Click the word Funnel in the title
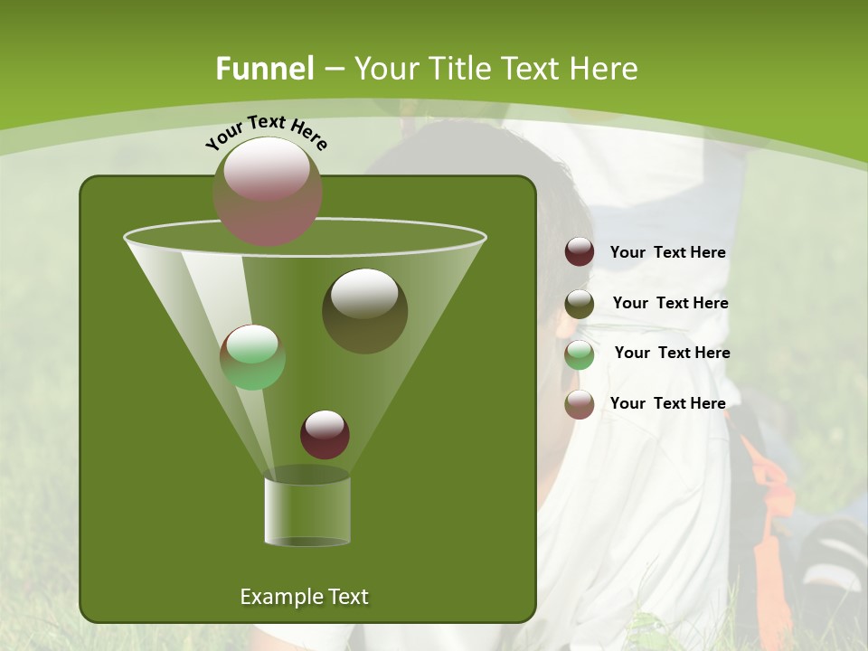[265, 69]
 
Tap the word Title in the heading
[458, 69]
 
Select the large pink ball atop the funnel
[268, 191]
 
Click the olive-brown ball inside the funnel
[365, 311]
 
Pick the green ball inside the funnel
[253, 357]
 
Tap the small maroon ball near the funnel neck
[325, 434]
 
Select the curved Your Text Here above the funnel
[267, 132]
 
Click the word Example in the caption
[273, 597]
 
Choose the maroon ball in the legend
[580, 252]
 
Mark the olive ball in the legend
[580, 304]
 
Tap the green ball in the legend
[580, 354]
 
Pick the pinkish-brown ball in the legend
[580, 404]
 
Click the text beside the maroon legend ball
[667, 253]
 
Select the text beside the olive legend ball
[670, 304]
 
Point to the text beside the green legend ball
[672, 354]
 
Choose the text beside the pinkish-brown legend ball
[667, 403]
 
